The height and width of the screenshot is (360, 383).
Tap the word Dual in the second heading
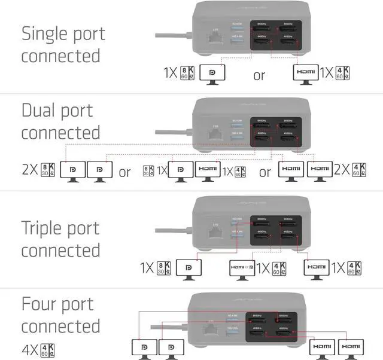tap(40, 111)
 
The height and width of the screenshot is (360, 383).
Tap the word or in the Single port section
tap(259, 75)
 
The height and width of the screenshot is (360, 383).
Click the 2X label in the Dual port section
tap(30, 170)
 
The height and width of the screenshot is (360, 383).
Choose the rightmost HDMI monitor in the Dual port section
tap(320, 170)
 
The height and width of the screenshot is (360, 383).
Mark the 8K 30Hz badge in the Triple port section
tap(165, 267)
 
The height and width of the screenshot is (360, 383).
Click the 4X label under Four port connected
tap(30, 348)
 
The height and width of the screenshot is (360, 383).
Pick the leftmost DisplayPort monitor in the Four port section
tap(144, 347)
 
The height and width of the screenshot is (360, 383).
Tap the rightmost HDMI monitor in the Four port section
tap(351, 347)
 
